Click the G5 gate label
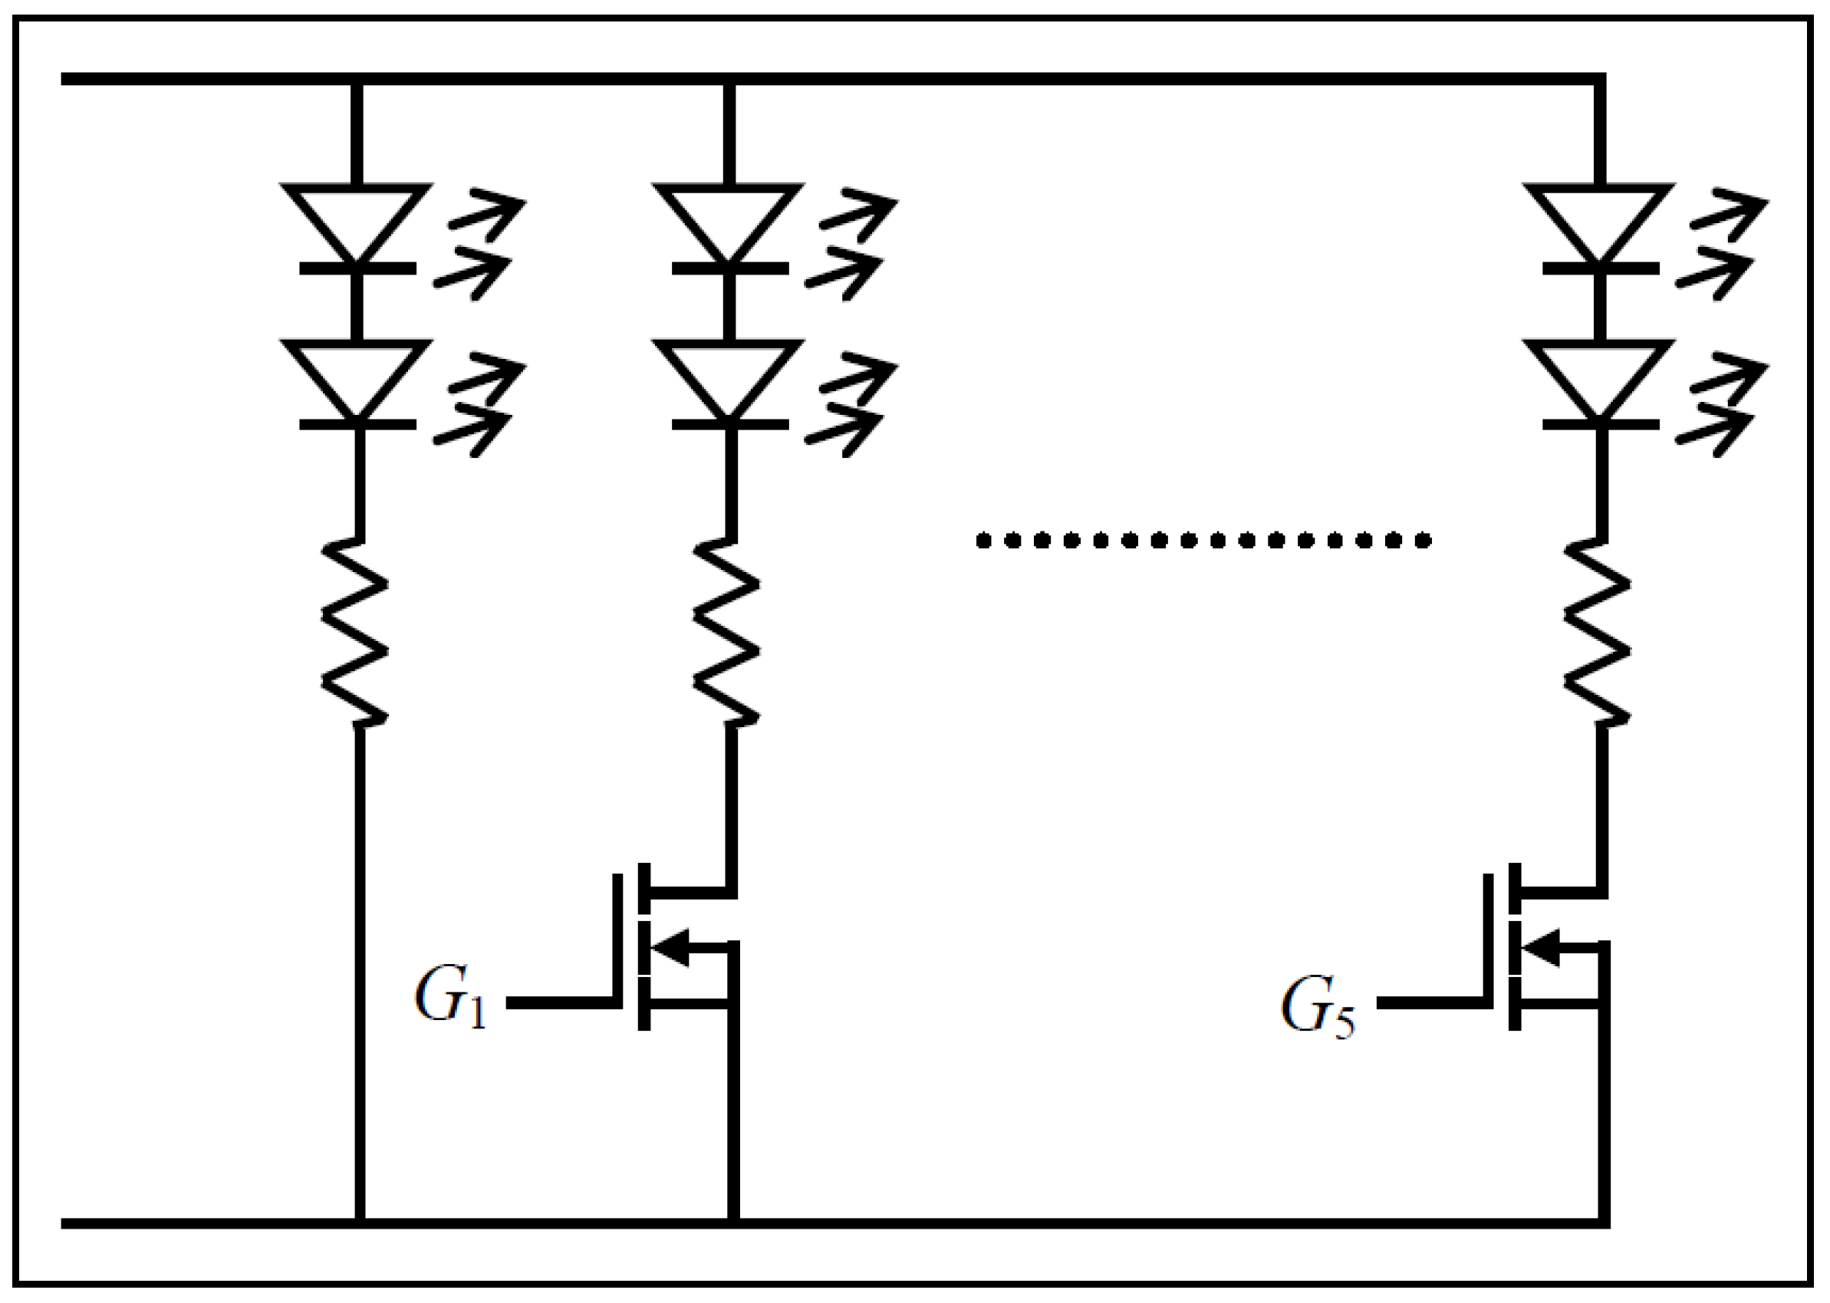(x=1318, y=1007)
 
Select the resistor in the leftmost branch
(x=356, y=633)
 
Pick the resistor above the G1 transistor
(x=727, y=633)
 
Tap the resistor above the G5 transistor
(x=1598, y=633)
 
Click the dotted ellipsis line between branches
(x=1203, y=541)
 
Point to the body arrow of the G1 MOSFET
(x=673, y=946)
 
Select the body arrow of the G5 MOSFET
(x=1542, y=946)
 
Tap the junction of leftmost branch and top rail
(x=357, y=79)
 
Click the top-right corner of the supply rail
(x=1600, y=79)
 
